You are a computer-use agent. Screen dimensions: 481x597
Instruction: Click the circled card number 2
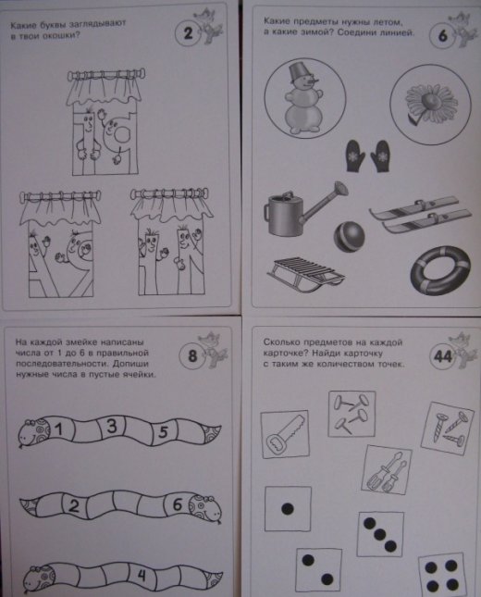coord(188,33)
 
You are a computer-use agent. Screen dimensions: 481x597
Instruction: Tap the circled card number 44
coord(443,356)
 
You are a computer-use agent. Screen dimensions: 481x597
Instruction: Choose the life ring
coord(440,270)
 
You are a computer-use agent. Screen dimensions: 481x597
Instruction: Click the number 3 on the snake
coord(112,426)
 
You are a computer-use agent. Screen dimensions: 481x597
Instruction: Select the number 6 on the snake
coord(178,504)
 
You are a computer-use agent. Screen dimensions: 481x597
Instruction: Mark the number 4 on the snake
coord(142,575)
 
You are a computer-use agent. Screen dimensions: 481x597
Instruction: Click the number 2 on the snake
coord(74,506)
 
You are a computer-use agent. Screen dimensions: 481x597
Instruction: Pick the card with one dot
coord(288,509)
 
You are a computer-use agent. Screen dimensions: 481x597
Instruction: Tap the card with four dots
coord(441,576)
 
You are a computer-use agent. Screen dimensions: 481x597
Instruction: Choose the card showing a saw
coord(285,435)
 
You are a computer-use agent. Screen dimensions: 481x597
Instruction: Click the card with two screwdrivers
coord(387,470)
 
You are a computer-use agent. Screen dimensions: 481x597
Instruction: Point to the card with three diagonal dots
coord(380,534)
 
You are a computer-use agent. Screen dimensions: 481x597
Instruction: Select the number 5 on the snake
coord(163,432)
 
